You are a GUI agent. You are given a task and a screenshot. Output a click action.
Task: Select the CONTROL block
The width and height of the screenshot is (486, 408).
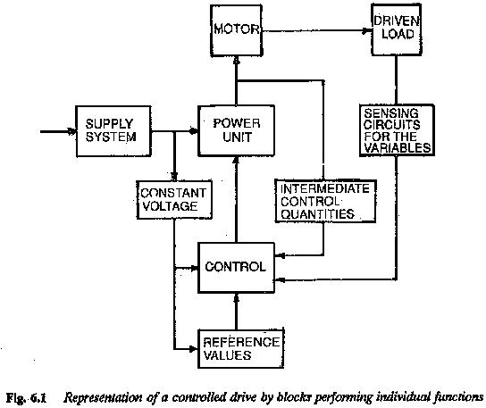pyautogui.click(x=235, y=266)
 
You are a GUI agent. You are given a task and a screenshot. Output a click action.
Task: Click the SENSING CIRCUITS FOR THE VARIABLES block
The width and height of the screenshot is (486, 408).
pyautogui.click(x=397, y=131)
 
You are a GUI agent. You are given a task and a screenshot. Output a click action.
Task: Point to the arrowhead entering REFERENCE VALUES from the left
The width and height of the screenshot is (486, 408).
pyautogui.click(x=195, y=346)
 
